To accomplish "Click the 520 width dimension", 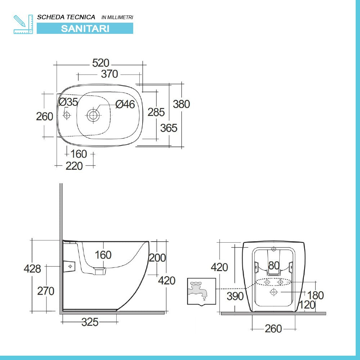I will (100, 63).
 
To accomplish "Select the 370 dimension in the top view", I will (109, 74).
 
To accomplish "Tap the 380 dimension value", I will (181, 104).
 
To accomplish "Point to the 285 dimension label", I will (156, 112).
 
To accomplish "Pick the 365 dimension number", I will (169, 127).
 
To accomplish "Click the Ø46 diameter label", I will (125, 104).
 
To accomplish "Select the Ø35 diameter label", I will (68, 102).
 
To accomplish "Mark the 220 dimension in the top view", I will (74, 166).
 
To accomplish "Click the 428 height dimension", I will (32, 268).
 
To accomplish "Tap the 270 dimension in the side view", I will (46, 291).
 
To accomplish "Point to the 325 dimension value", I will (90, 322).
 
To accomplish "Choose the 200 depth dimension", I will (157, 258).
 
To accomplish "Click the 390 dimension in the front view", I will (235, 296).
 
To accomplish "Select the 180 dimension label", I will (316, 295).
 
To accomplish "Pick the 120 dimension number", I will (307, 305).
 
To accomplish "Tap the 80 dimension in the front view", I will (274, 266).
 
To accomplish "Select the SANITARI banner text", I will (85, 28).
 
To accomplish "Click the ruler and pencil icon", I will (23, 24).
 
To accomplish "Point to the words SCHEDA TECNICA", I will (66, 17).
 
